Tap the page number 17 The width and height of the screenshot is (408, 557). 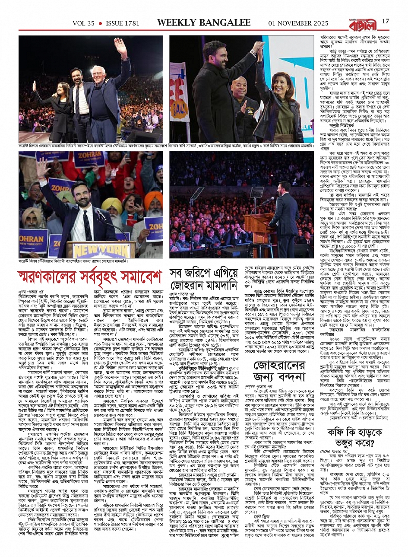(x=386, y=21)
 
